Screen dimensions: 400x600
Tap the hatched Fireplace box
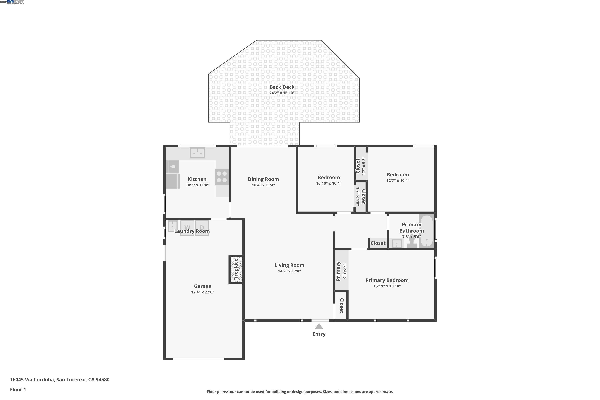point(236,269)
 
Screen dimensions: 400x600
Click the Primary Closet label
point(341,271)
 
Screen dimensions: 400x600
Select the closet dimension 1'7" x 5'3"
point(364,166)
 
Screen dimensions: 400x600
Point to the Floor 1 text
point(18,390)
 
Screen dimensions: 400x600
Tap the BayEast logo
point(15,2)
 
